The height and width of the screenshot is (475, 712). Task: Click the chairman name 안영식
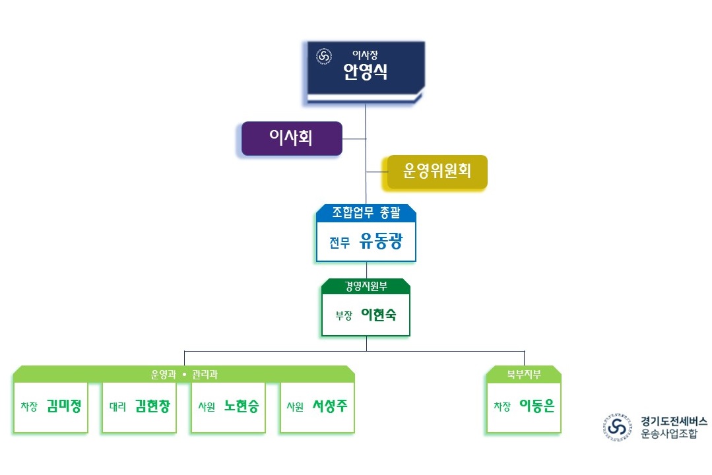365,72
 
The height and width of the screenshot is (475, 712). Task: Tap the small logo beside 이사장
324,57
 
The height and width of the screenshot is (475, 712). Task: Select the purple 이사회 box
291,138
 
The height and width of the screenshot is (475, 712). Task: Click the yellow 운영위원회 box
437,172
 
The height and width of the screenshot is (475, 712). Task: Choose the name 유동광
380,241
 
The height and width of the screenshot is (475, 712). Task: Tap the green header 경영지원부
366,286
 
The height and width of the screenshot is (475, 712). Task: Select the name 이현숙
379,315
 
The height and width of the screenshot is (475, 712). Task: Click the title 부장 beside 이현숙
344,315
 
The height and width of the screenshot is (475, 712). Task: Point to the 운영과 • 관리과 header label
184,375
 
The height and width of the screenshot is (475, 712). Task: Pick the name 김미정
64,406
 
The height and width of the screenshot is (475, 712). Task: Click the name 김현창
152,406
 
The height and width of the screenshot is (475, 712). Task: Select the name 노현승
241,406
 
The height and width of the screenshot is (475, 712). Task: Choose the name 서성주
330,406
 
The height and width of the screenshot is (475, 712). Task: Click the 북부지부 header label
524,375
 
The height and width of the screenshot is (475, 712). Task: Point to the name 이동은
537,406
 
